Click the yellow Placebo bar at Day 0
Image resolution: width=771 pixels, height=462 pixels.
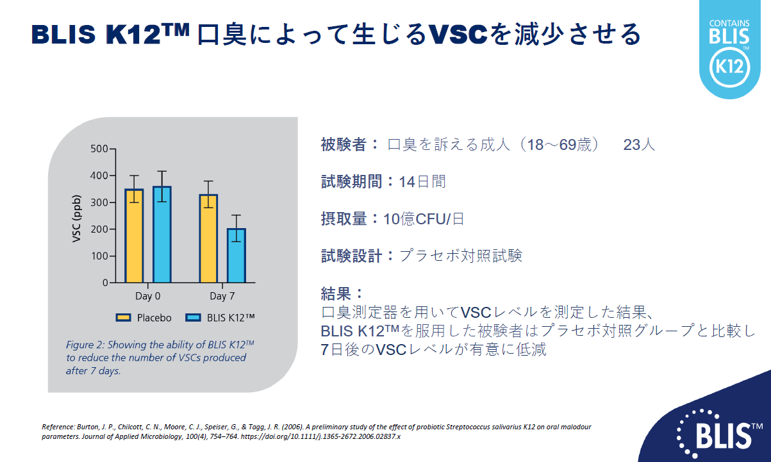[134, 236]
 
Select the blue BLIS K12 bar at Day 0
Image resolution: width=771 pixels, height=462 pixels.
[162, 235]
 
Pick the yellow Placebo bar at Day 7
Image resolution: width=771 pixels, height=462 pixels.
[208, 238]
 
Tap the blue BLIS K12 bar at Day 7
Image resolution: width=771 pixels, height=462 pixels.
[236, 255]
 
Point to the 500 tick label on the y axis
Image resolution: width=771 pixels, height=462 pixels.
[99, 149]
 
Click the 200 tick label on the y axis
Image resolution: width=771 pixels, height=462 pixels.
[99, 229]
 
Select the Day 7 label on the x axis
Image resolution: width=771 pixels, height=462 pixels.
[222, 296]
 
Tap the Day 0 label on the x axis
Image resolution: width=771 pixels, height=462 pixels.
[147, 296]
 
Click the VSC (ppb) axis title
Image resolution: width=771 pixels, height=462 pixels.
[77, 219]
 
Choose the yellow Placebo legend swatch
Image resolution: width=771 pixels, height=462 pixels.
[123, 318]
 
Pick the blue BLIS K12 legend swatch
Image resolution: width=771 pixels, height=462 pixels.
[193, 318]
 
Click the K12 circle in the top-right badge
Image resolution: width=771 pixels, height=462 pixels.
[730, 67]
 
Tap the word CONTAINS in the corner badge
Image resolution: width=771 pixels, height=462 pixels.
[729, 24]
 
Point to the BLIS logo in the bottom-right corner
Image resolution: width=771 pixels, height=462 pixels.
[719, 434]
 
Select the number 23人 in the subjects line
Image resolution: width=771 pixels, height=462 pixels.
[639, 145]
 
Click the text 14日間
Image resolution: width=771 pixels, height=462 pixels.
[422, 181]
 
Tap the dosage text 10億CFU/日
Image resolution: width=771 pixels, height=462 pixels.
[424, 219]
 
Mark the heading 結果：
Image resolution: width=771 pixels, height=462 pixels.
[342, 293]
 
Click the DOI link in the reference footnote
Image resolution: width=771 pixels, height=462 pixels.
[320, 437]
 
